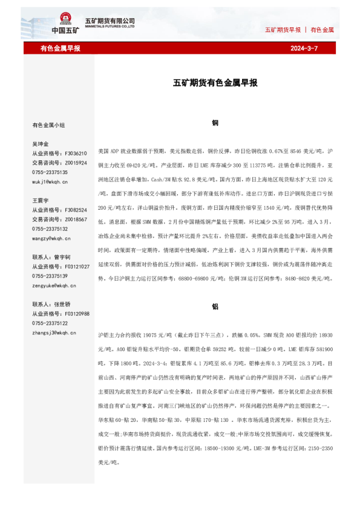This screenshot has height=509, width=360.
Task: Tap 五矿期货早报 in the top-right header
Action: (283, 30)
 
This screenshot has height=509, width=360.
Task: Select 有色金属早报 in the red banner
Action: (61, 48)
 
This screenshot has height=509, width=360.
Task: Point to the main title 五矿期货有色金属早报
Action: (215, 83)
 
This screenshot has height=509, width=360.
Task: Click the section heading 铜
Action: (215, 123)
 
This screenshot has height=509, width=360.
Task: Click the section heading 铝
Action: (215, 306)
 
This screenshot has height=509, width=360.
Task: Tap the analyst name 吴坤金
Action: (41, 144)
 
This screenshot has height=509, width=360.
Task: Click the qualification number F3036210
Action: (76, 154)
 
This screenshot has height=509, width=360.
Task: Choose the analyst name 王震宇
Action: (41, 200)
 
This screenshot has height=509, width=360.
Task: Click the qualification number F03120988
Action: (77, 314)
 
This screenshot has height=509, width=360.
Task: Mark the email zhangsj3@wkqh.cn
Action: (54, 332)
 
